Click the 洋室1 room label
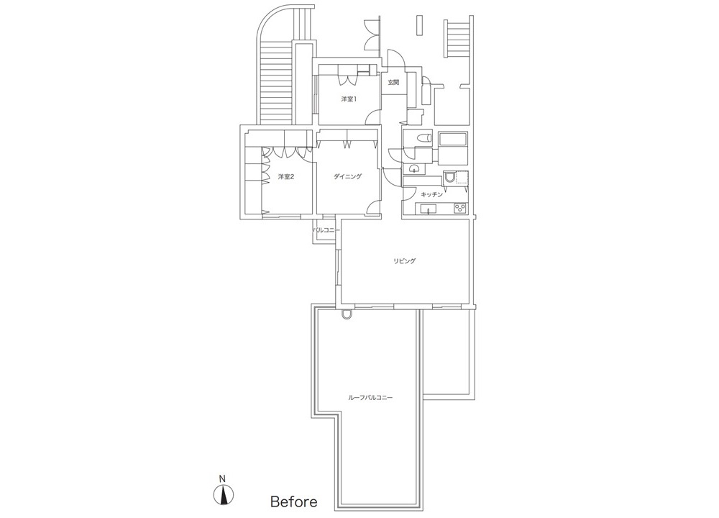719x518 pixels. [x=349, y=99]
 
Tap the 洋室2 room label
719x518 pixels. [x=285, y=177]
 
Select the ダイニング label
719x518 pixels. [x=347, y=177]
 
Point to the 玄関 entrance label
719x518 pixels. [x=393, y=83]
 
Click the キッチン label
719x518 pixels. [x=432, y=194]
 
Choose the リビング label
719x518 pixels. [x=404, y=261]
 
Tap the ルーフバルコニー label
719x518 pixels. [x=370, y=398]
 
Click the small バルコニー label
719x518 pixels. [x=326, y=230]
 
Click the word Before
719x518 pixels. [x=293, y=501]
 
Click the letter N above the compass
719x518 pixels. [x=222, y=478]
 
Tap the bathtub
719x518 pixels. [x=452, y=140]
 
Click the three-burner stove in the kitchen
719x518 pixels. [x=459, y=209]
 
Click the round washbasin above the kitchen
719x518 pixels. [x=415, y=168]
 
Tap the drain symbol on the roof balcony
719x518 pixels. [x=346, y=314]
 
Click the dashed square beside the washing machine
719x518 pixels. [x=462, y=178]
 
